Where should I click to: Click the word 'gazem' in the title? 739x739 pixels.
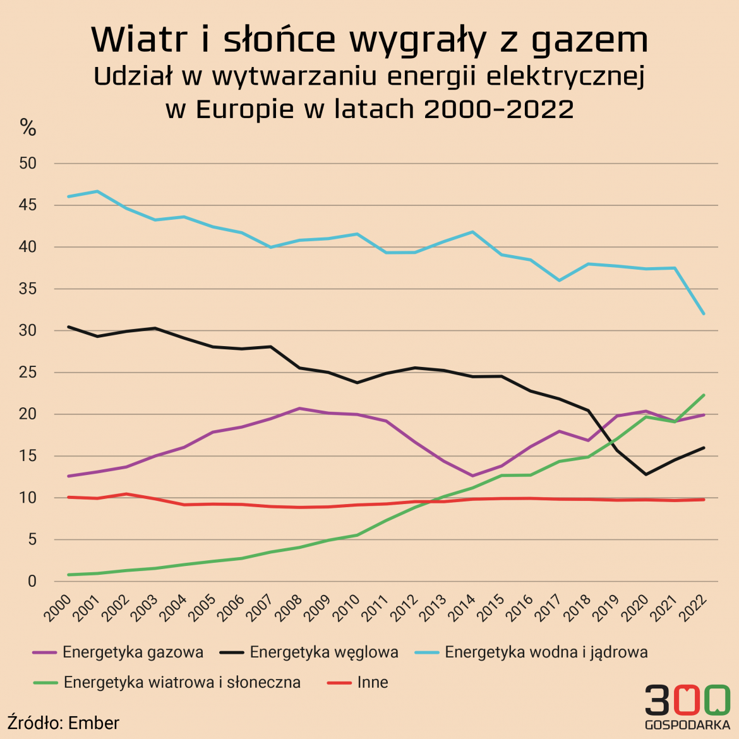[x=589, y=40]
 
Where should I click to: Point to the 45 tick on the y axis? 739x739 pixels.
[x=28, y=205]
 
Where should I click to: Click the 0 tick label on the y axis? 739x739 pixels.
[x=32, y=581]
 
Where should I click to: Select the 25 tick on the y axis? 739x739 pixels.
[x=28, y=373]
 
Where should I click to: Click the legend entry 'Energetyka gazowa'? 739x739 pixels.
[x=133, y=652]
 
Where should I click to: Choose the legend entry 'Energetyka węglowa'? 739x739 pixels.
[x=323, y=652]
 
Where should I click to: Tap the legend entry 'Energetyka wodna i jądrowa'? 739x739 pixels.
[x=546, y=652]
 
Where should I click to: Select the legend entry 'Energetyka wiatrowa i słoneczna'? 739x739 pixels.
[x=182, y=682]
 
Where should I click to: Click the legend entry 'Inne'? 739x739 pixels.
[x=372, y=682]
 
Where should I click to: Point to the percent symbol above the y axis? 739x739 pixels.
[x=28, y=128]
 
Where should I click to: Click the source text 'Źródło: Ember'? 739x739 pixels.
[x=63, y=723]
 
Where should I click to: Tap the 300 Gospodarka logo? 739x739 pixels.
[x=687, y=706]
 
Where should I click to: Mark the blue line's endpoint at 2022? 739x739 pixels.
[x=704, y=313]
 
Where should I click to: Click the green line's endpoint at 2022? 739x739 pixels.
[x=704, y=395]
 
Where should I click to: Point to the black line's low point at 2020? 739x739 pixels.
[x=646, y=474]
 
